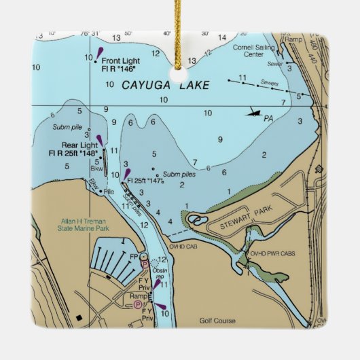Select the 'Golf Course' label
coord(216,320)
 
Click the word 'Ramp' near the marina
coord(139,296)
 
